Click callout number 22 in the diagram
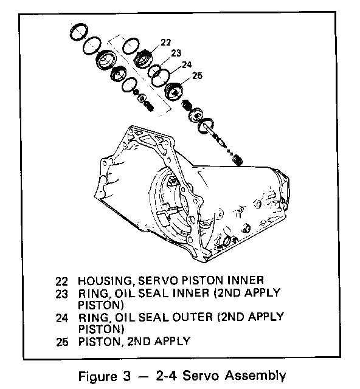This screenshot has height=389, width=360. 166,43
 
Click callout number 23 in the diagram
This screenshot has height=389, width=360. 176,53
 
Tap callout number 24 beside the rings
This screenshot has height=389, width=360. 187,64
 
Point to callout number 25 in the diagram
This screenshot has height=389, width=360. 198,75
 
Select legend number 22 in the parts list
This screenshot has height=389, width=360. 62,281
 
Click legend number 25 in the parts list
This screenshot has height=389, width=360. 62,342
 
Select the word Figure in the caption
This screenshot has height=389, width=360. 97,377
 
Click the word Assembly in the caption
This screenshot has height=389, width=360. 255,376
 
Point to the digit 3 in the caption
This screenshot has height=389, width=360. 126,376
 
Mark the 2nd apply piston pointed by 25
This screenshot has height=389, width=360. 174,92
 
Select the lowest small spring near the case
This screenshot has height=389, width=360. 238,159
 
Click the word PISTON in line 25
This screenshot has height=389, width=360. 99,342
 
